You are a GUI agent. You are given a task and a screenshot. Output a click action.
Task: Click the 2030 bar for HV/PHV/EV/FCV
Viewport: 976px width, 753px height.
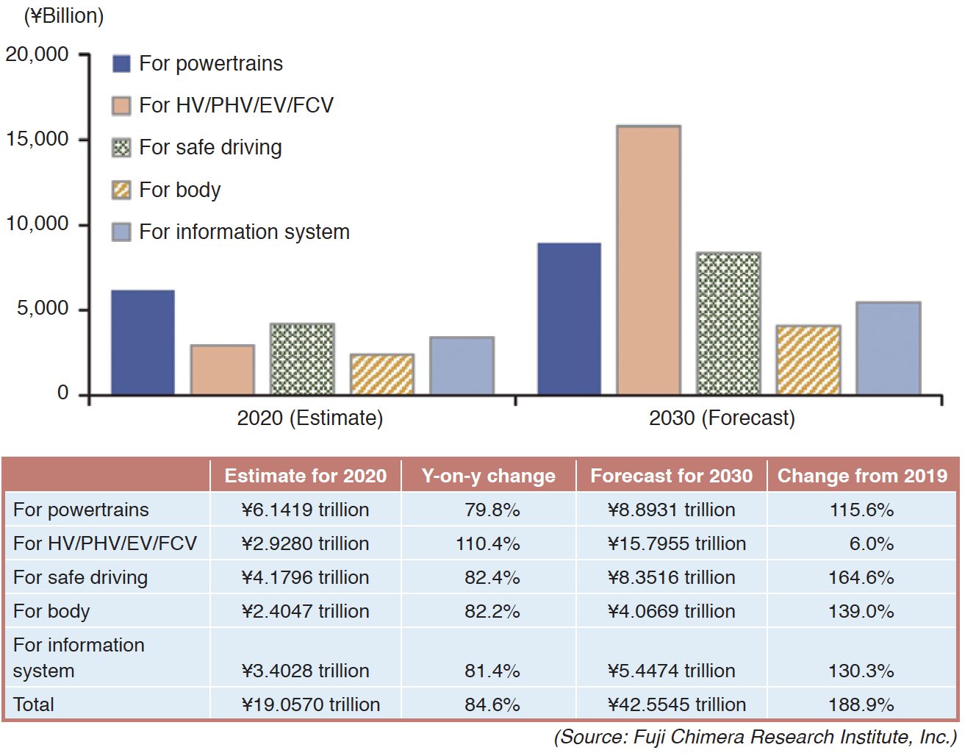pyautogui.click(x=648, y=260)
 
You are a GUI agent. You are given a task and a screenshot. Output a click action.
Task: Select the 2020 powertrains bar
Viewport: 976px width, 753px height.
pyautogui.click(x=143, y=343)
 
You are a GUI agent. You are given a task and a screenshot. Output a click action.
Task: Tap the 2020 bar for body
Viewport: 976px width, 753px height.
pyautogui.click(x=381, y=374)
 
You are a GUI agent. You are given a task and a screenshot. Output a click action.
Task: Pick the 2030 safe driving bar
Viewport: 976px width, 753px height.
pyautogui.click(x=728, y=324)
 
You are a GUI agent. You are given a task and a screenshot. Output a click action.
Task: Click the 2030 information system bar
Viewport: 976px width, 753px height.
pyautogui.click(x=888, y=348)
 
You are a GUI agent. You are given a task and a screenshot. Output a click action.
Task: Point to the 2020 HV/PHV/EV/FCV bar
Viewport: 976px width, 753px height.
pyautogui.click(x=222, y=370)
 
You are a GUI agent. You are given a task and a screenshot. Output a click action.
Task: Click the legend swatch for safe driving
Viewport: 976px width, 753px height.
pyautogui.click(x=121, y=148)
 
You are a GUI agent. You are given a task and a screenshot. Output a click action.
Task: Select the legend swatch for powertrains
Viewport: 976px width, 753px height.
pyautogui.click(x=121, y=64)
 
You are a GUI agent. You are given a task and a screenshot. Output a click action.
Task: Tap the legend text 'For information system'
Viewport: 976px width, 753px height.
pyautogui.click(x=244, y=232)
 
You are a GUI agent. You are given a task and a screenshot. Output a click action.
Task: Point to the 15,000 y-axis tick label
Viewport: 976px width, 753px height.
pyautogui.click(x=37, y=139)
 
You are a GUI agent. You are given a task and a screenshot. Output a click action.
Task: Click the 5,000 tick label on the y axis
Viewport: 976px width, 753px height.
pyautogui.click(x=43, y=308)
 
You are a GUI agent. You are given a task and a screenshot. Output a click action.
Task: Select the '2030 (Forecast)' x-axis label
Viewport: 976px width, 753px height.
pyautogui.click(x=722, y=418)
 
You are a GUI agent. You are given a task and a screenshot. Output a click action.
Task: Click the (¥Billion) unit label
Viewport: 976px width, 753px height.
pyautogui.click(x=64, y=15)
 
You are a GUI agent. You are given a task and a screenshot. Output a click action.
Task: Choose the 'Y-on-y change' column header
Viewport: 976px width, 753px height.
pyautogui.click(x=488, y=476)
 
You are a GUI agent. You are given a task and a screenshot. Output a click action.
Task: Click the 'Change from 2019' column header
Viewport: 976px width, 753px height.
pyautogui.click(x=862, y=476)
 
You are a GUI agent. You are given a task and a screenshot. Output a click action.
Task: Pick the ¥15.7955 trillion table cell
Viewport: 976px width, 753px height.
pyautogui.click(x=676, y=543)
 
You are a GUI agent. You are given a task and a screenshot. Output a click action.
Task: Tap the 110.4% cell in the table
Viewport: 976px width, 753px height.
pyautogui.click(x=487, y=543)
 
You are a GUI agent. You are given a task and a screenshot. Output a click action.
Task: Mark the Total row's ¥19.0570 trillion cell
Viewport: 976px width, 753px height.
pyautogui.click(x=310, y=704)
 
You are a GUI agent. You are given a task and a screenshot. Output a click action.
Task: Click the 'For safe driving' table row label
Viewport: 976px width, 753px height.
pyautogui.click(x=80, y=577)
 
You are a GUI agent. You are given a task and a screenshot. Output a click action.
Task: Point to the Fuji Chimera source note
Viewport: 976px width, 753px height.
pyautogui.click(x=755, y=737)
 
